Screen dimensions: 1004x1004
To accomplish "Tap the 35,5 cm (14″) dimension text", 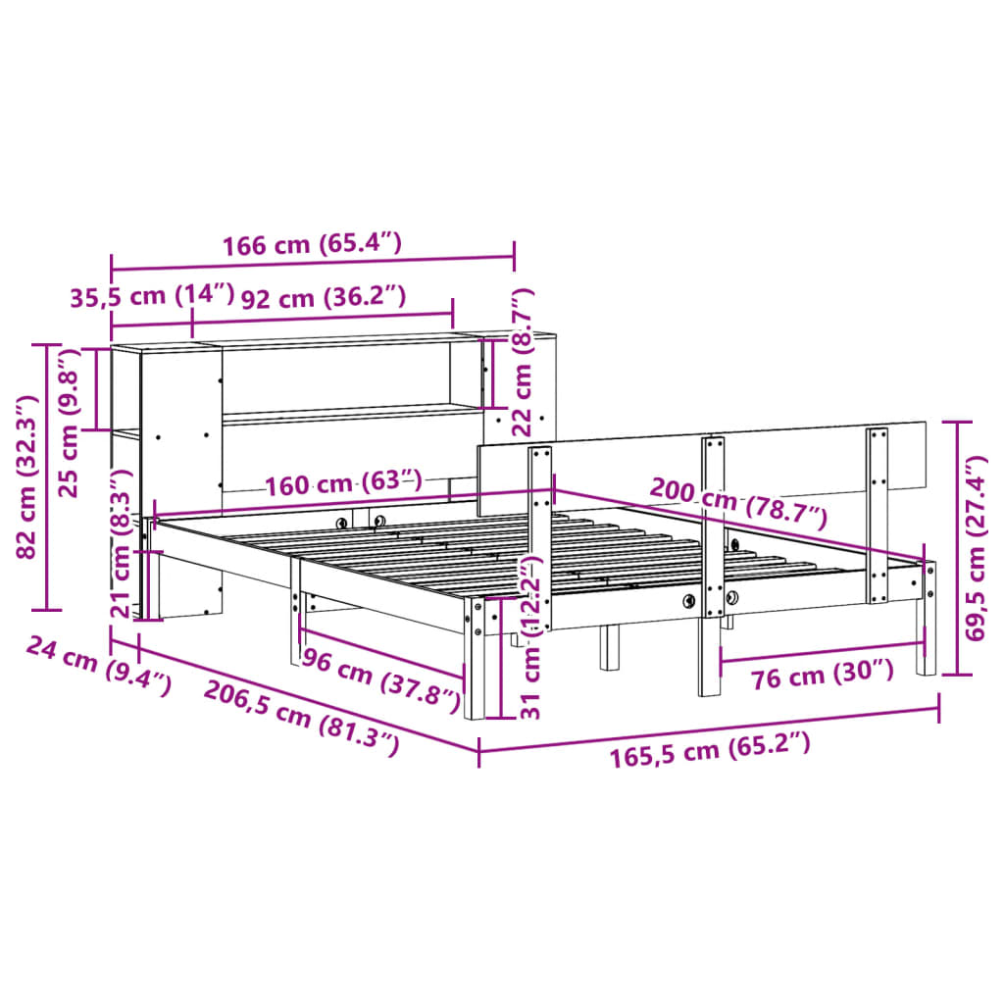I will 153,296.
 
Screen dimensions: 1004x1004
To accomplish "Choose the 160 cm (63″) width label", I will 342,483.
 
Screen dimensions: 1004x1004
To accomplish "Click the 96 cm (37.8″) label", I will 378,680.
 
